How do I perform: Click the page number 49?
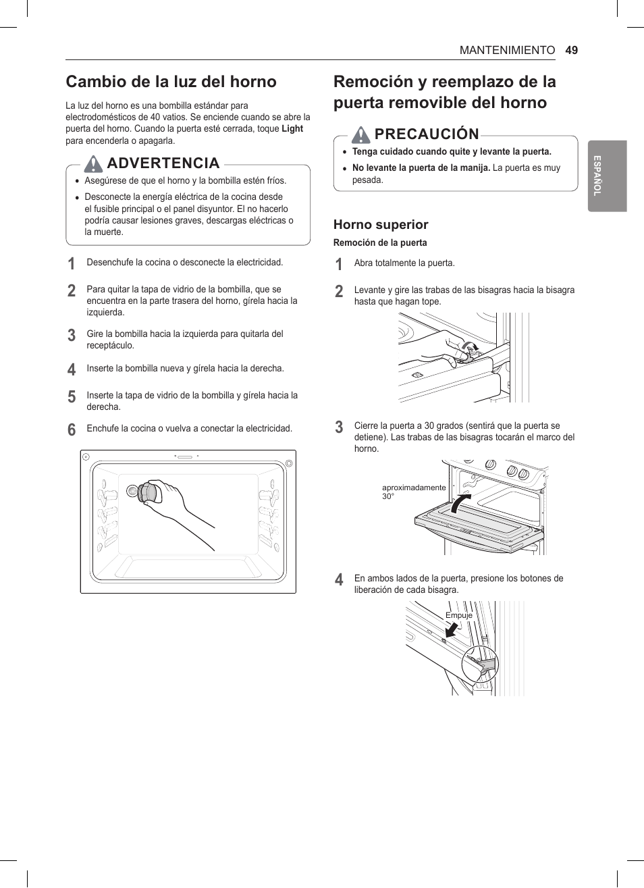click(x=572, y=50)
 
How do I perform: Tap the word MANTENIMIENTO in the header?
click(x=507, y=50)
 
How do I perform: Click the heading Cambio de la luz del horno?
click(x=171, y=82)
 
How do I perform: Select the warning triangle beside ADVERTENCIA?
click(x=94, y=163)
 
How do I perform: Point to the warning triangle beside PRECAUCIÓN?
click(x=361, y=134)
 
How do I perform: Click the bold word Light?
click(x=292, y=129)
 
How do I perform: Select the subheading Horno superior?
click(x=381, y=225)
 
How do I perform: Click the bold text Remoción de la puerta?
click(x=380, y=243)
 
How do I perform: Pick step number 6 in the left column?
click(x=72, y=429)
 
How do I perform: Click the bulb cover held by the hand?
click(x=149, y=492)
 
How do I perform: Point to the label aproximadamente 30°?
click(x=413, y=492)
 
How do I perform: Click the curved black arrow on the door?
click(x=460, y=503)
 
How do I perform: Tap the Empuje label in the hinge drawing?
click(x=459, y=615)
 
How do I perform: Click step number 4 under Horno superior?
click(x=339, y=579)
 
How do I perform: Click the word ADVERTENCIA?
click(x=163, y=163)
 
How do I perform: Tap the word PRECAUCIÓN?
click(x=427, y=134)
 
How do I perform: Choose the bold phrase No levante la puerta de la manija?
click(x=421, y=168)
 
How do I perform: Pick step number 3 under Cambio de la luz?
click(x=72, y=335)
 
